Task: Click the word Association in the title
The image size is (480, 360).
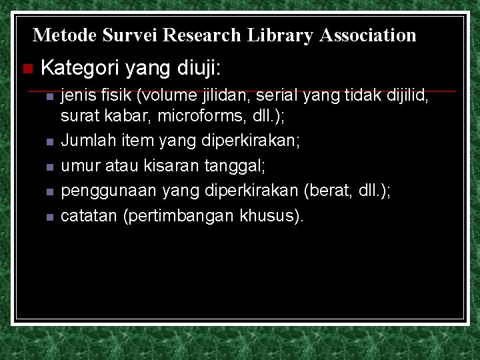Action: tap(368, 35)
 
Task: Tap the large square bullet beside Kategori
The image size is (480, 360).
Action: tap(27, 69)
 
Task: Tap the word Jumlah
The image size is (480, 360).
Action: tap(85, 141)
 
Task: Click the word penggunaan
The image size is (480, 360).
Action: tap(107, 191)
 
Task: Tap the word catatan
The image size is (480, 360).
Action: tap(89, 216)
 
